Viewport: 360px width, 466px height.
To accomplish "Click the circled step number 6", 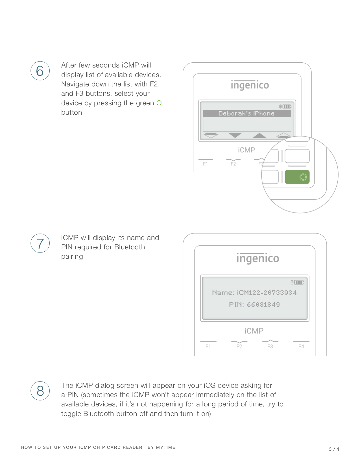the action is point(40,71).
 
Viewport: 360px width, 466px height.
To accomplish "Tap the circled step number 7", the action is point(40,243).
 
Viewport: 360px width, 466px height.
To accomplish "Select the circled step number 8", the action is point(40,391).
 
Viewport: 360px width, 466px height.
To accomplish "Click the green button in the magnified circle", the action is point(297,177).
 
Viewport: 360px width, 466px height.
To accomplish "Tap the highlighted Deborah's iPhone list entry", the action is point(247,114).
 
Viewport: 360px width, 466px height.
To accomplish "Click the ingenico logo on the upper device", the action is point(250,85).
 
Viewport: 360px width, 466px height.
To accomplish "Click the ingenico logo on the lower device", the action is point(258,258).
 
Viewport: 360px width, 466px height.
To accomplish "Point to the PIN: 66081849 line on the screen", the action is point(254,304).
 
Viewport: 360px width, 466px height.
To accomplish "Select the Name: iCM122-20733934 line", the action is point(254,293).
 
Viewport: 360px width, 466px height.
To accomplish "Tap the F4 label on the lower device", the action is point(301,346).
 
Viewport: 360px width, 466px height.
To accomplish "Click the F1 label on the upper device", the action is point(205,164).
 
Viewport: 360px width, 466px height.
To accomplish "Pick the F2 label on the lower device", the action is point(239,346).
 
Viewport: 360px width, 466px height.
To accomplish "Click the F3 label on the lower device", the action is point(270,346).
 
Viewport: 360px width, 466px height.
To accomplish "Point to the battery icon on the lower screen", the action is point(299,282).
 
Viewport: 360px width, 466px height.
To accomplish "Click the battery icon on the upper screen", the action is point(287,106).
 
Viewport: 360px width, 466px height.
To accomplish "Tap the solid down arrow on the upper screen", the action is point(235,135).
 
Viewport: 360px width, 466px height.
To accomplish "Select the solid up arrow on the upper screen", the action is point(259,135).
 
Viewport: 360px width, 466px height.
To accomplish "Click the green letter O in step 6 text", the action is point(159,103).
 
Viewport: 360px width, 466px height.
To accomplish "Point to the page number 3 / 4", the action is point(334,449).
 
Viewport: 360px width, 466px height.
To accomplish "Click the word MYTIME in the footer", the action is point(165,447).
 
